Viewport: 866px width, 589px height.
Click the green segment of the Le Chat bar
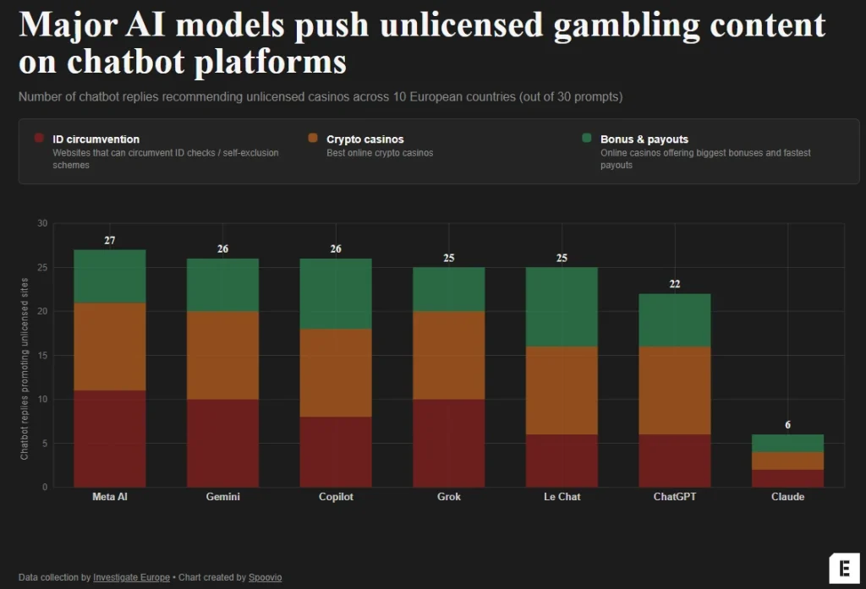click(562, 307)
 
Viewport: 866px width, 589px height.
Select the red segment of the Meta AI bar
click(110, 439)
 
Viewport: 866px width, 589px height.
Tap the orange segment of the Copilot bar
click(336, 373)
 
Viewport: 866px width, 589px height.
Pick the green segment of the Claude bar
click(787, 443)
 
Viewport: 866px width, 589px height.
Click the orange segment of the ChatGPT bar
click(675, 390)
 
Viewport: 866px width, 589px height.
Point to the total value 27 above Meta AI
click(110, 241)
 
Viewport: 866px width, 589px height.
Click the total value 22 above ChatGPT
click(675, 285)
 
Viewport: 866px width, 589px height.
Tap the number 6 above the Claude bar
click(787, 425)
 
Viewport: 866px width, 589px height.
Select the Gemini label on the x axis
click(223, 497)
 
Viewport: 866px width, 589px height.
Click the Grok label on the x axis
click(449, 497)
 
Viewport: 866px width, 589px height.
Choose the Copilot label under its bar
click(336, 497)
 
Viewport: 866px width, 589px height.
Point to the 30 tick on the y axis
click(42, 224)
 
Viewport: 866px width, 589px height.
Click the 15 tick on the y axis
click(42, 356)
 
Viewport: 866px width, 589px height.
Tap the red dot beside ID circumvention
click(38, 139)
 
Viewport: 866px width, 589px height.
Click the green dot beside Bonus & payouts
click(586, 139)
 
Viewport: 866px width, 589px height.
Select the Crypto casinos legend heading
click(364, 139)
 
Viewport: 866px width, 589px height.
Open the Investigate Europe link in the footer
click(128, 577)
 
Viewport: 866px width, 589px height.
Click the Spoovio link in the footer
click(266, 577)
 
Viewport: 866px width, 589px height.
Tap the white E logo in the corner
click(843, 567)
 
